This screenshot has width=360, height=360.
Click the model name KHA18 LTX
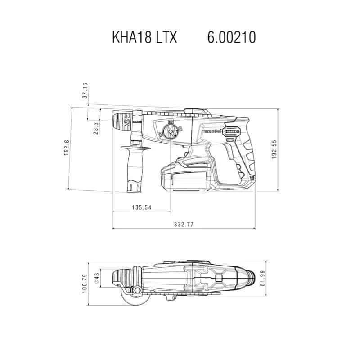[144, 37]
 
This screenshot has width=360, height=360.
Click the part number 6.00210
[232, 37]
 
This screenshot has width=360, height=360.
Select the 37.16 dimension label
[85, 91]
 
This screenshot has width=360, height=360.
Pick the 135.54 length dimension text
[141, 207]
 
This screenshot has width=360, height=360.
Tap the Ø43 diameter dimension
[96, 278]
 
